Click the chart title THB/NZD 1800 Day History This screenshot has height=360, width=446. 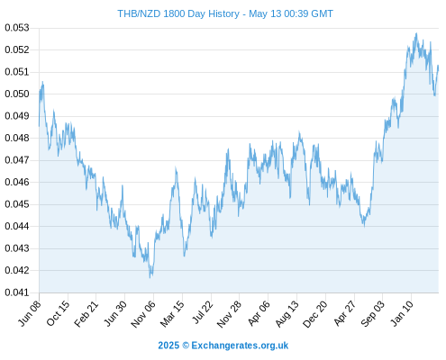(x=178, y=13)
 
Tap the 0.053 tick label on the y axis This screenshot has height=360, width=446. (x=17, y=28)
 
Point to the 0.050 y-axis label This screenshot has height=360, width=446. (x=17, y=94)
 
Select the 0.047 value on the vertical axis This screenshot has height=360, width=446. (x=17, y=160)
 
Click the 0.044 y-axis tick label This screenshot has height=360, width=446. (x=17, y=226)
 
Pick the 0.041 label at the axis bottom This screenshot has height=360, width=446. (x=17, y=292)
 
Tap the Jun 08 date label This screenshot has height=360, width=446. (x=30, y=313)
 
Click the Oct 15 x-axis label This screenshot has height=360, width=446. (x=59, y=313)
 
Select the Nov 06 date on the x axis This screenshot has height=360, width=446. (x=143, y=313)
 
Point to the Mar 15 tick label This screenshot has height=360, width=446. (x=172, y=313)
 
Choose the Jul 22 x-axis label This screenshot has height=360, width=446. (x=203, y=312)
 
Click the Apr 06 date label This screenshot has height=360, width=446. (x=259, y=313)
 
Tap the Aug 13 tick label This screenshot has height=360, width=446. (x=287, y=313)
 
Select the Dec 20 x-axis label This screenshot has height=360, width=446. (x=315, y=313)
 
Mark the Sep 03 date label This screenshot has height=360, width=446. (x=372, y=313)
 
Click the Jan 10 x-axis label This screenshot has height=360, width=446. (x=402, y=313)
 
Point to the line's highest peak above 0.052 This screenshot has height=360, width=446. (x=416, y=33)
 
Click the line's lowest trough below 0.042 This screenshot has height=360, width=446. (x=150, y=277)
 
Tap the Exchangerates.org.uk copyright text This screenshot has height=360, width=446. (x=223, y=346)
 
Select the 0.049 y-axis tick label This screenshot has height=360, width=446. (x=17, y=116)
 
